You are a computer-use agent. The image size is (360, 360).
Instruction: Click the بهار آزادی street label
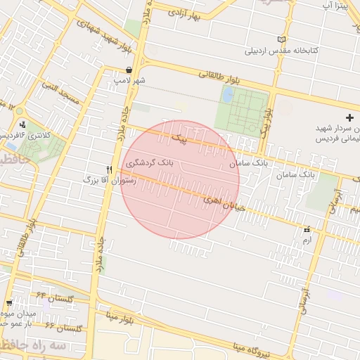[x=195, y=13]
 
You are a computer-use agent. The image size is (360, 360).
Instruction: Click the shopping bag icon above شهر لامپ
[x=130, y=70]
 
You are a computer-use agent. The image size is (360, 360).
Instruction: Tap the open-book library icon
[x=283, y=39]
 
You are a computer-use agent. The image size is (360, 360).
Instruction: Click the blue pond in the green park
[x=228, y=96]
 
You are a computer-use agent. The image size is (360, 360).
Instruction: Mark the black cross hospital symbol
[x=350, y=117]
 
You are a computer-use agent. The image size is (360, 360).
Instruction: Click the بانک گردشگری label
[x=149, y=163]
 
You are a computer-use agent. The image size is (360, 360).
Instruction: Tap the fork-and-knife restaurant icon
[x=109, y=169]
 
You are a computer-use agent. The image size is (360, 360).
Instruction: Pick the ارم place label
[x=305, y=240]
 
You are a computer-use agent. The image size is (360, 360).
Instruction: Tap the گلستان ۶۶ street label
[x=63, y=327]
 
